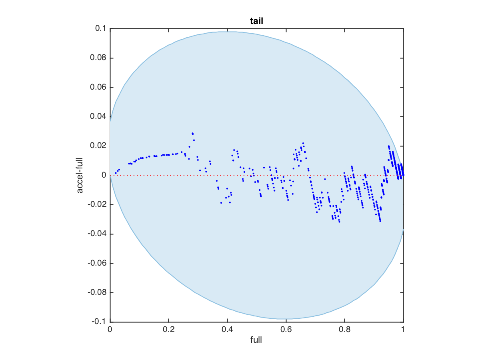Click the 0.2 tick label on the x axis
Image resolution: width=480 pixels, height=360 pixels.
point(168,330)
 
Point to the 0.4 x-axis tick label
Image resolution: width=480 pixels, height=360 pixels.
point(227,330)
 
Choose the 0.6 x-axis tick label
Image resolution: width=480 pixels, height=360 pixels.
point(286,330)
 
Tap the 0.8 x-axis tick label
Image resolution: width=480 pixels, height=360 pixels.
point(344,330)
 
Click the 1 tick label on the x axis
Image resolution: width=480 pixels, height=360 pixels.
point(403,330)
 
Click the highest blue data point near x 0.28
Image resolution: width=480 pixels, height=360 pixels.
point(192,133)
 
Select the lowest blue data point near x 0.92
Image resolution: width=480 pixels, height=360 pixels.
point(380,221)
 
